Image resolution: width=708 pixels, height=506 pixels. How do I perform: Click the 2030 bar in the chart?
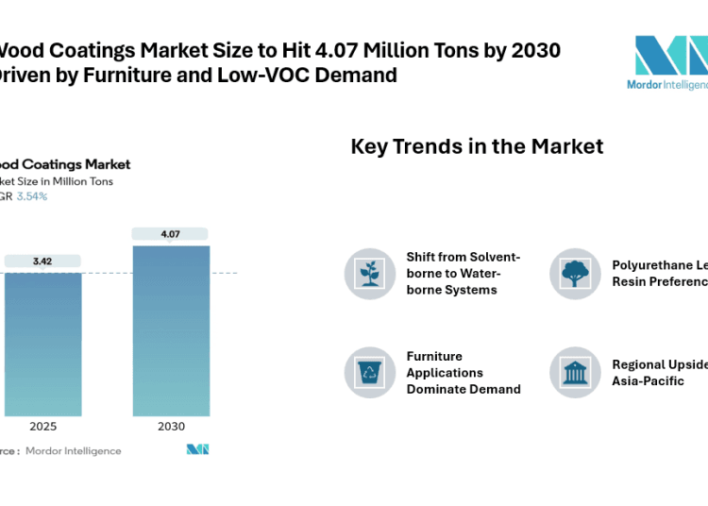click(x=171, y=330)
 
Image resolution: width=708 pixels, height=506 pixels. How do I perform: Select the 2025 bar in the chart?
click(x=42, y=344)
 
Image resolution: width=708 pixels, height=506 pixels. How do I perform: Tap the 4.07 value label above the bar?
click(x=170, y=233)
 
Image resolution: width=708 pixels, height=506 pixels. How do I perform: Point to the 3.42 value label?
click(x=42, y=260)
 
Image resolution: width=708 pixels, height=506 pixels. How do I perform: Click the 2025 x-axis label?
click(x=42, y=427)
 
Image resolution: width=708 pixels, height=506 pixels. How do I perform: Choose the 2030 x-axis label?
click(x=171, y=427)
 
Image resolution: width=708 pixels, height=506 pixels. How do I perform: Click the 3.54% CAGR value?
click(x=32, y=196)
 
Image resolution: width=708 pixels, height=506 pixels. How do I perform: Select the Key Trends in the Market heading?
click(x=477, y=146)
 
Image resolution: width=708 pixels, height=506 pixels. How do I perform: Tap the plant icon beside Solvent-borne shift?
click(x=370, y=274)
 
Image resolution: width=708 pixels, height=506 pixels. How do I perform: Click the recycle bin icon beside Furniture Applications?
click(x=370, y=372)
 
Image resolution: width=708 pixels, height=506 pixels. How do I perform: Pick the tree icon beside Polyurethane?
click(x=575, y=274)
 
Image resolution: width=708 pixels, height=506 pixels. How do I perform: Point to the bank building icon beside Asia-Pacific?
click(x=575, y=372)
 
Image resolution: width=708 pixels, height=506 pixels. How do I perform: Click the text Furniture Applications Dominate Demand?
click(x=464, y=372)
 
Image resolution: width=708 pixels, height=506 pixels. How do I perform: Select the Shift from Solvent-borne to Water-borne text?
click(x=464, y=273)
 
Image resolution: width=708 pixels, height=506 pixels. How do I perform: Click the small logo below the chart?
click(x=197, y=449)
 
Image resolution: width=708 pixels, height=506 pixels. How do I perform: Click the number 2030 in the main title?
click(x=533, y=50)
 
